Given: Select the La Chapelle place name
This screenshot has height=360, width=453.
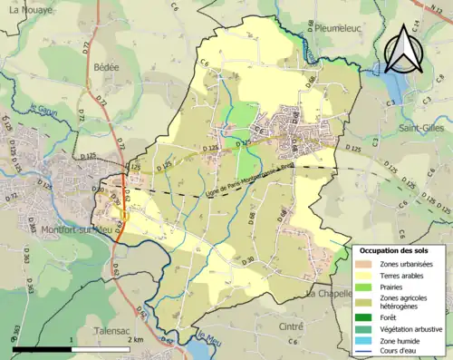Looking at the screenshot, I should coord(328,295).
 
